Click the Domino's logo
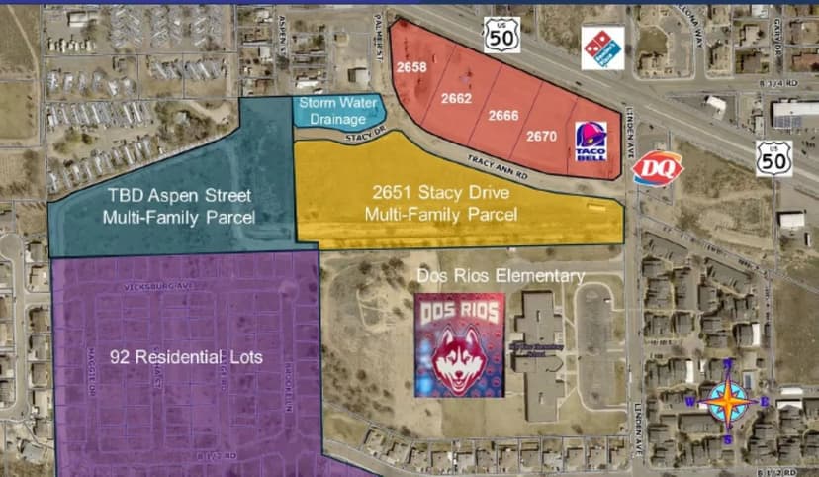tap(601, 48)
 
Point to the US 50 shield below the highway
tap(773, 158)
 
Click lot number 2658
tap(411, 67)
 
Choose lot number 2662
tap(456, 98)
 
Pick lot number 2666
tap(503, 116)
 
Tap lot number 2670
tap(541, 136)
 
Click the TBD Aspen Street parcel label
tap(179, 205)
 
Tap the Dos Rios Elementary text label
tap(500, 276)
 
